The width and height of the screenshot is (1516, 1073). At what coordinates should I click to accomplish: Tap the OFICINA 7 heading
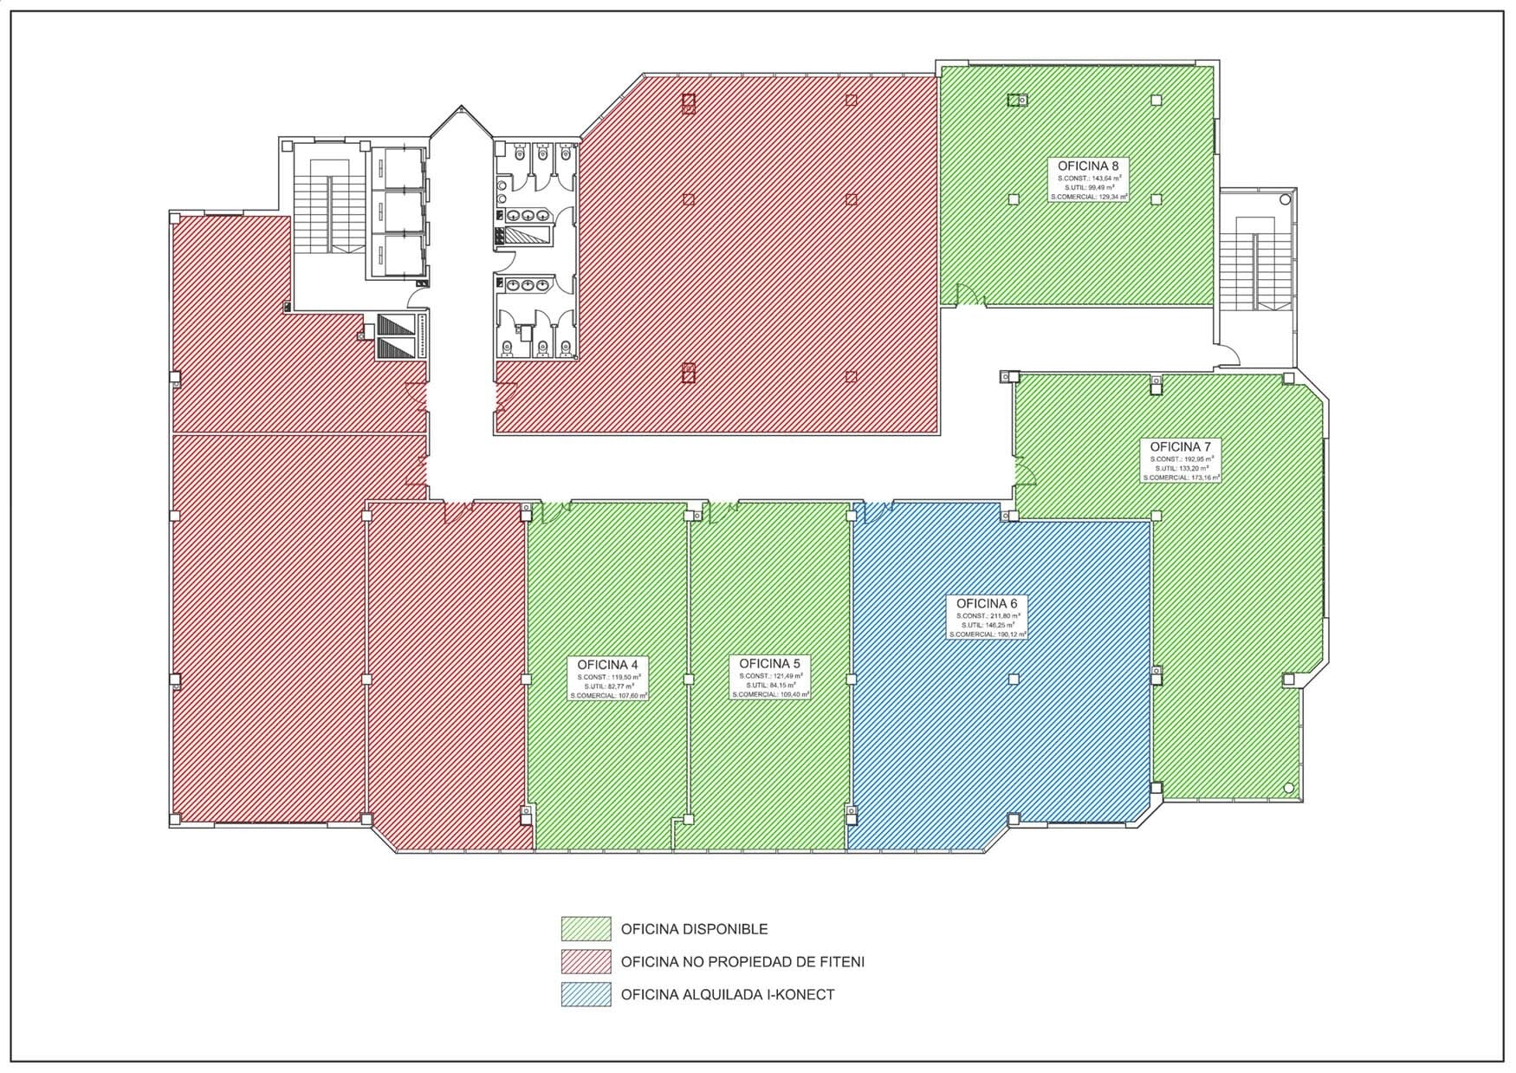tap(1181, 446)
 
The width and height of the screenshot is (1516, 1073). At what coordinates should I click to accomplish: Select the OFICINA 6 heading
tap(987, 603)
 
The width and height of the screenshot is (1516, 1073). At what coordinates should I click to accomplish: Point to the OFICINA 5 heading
tap(769, 664)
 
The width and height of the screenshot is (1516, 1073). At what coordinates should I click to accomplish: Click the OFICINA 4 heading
tap(607, 665)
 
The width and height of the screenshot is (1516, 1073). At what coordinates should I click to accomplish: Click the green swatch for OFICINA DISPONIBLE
tap(586, 929)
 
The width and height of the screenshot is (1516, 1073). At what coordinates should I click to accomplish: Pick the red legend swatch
tap(586, 962)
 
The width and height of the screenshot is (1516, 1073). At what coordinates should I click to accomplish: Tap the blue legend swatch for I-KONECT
tap(586, 995)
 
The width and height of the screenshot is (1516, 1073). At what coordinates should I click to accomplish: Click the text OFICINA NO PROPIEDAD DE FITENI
tap(742, 962)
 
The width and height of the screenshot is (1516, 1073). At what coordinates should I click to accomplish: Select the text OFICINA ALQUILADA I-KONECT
tap(727, 995)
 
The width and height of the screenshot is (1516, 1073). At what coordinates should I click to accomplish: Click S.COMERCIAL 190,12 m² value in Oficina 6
tap(988, 634)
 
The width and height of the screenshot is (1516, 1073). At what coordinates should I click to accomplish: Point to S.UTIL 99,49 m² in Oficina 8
tap(1089, 187)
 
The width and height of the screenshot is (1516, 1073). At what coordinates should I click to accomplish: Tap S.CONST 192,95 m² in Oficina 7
tap(1182, 458)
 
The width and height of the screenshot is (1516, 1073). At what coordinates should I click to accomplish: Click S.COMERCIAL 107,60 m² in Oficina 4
tap(608, 695)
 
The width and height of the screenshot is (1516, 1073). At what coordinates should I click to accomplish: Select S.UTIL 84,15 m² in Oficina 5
tap(770, 686)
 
